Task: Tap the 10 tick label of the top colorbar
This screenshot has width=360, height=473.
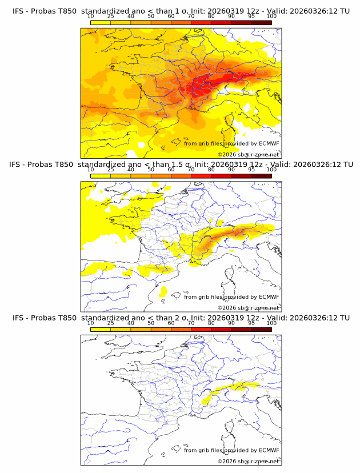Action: [x=90, y=17]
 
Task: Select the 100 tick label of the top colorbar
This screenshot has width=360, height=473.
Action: [x=271, y=17]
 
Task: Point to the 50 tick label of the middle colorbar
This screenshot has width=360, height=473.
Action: [x=151, y=170]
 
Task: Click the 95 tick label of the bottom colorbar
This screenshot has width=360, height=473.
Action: [x=251, y=323]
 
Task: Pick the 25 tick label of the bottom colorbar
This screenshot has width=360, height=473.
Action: [x=110, y=323]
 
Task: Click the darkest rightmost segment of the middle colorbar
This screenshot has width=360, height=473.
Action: [x=261, y=176]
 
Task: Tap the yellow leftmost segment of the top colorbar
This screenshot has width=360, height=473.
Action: [x=100, y=23]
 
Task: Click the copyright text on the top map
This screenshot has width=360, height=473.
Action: [x=248, y=155]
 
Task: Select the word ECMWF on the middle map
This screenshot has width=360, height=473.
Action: [x=269, y=296]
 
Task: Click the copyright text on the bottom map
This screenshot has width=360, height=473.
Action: [x=248, y=461]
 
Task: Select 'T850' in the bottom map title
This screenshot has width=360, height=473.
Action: [x=66, y=318]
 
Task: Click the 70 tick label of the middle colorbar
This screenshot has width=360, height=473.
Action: [x=191, y=170]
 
